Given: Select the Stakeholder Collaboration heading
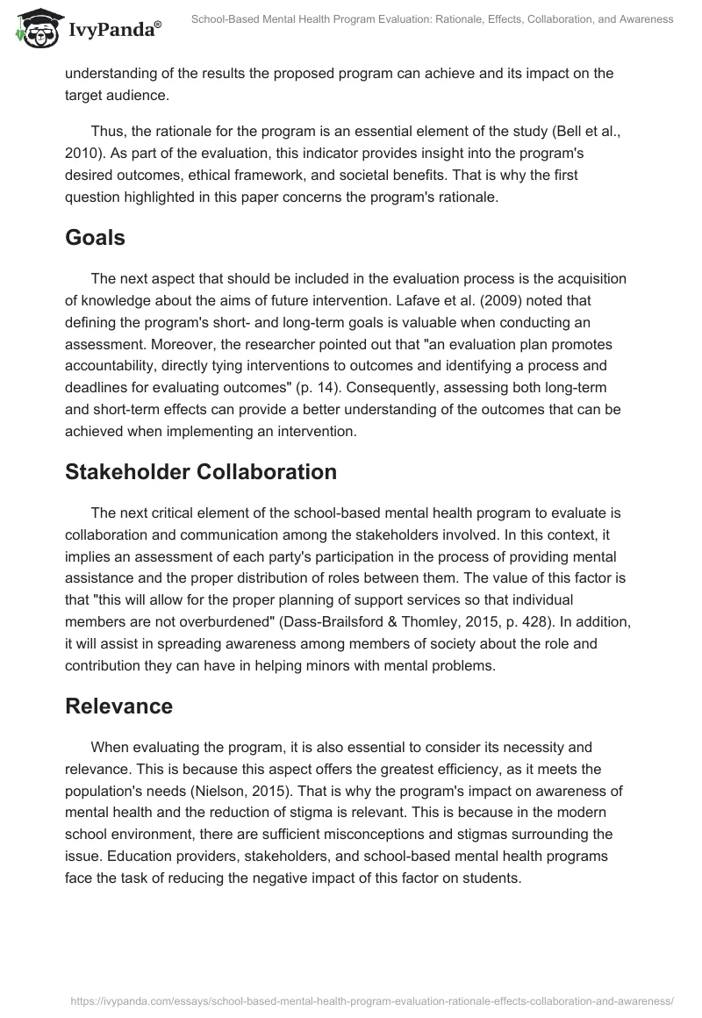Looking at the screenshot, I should click(x=201, y=471).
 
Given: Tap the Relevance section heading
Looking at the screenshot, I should click(x=118, y=706).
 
